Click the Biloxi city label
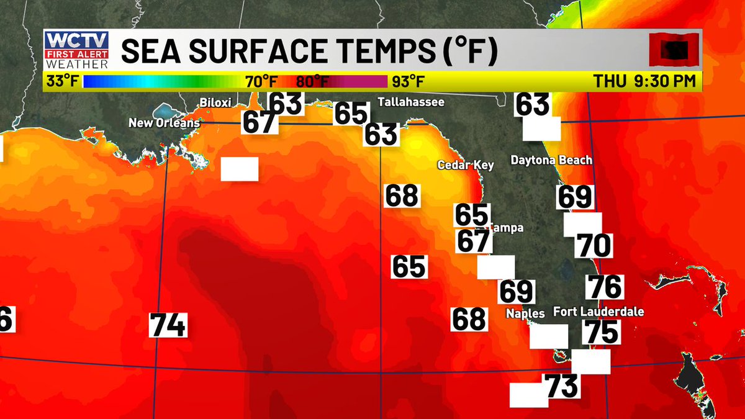tap(216, 102)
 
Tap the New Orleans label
tap(164, 123)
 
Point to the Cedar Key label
tap(466, 165)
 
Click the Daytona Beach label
tap(551, 160)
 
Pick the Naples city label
tap(525, 313)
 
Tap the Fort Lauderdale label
tap(598, 312)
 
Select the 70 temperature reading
tap(594, 246)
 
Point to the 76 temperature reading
tap(605, 287)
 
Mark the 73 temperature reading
tap(562, 386)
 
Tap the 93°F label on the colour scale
tap(408, 81)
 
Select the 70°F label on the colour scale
tap(261, 81)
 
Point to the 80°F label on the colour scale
tap(312, 81)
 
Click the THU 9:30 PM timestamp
tap(645, 81)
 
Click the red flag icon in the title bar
tap(674, 50)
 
